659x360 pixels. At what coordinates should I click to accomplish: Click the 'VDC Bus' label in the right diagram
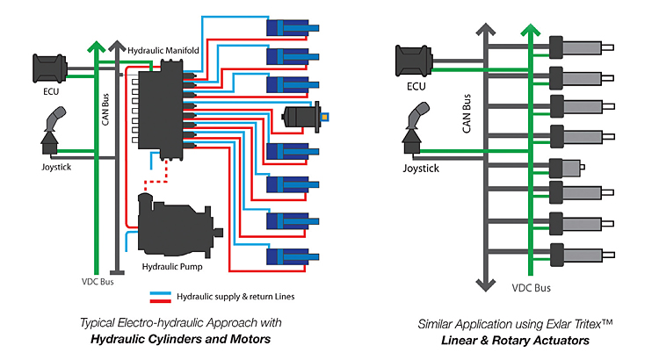[530, 287]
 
